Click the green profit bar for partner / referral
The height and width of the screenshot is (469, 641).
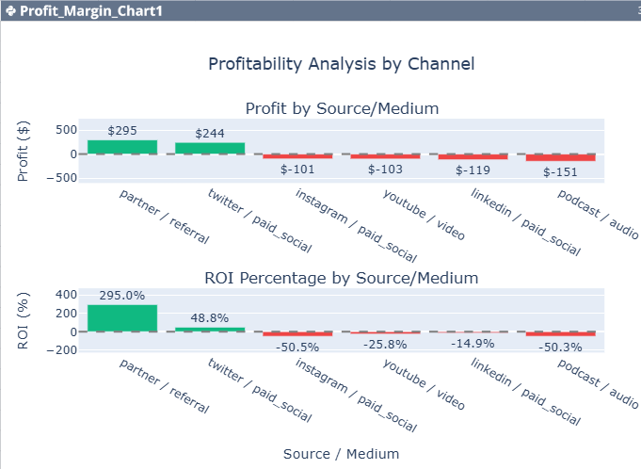click(122, 147)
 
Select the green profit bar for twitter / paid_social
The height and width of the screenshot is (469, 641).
click(210, 149)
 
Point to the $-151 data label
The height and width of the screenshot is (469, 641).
click(561, 172)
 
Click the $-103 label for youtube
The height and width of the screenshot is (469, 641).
click(385, 170)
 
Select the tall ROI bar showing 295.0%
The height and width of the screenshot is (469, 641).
click(122, 318)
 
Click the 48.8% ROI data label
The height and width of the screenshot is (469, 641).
click(210, 317)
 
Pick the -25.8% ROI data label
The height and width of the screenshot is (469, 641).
click(385, 345)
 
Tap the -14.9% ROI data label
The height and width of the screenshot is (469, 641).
click(473, 343)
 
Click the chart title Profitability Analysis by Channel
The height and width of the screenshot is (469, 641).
click(341, 64)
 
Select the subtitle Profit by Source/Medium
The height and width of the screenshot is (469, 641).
click(342, 108)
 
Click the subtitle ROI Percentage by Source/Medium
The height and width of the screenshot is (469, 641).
click(342, 278)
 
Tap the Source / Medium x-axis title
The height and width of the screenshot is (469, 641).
click(341, 454)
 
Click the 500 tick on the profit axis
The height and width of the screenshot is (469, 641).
click(67, 130)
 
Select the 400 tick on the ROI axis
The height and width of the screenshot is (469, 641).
click(67, 294)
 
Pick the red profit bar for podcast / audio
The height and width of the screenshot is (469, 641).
click(561, 157)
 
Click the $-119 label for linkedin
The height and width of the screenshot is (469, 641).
click(473, 170)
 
